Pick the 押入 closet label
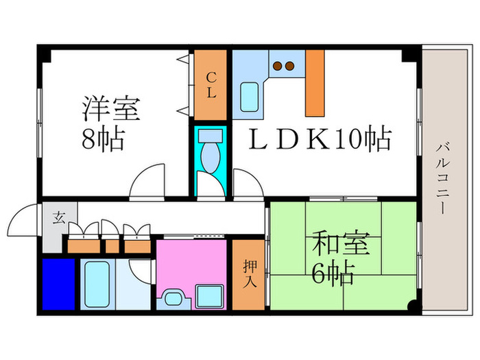249,273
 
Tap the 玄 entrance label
58,218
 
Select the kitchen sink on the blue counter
250,95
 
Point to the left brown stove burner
278,67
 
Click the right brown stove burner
290,67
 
